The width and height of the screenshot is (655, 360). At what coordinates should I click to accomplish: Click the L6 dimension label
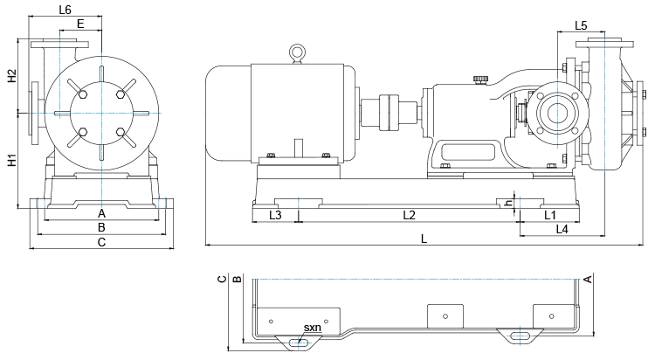(64, 10)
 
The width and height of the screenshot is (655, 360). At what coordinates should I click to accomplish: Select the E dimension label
(80, 24)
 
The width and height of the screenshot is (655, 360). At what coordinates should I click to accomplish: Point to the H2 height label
(11, 76)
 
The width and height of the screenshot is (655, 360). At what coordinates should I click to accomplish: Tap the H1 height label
(11, 161)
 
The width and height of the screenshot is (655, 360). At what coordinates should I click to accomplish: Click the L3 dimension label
(275, 214)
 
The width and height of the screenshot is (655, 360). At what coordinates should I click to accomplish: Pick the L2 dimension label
(408, 214)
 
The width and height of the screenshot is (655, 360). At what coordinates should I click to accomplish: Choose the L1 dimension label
(550, 214)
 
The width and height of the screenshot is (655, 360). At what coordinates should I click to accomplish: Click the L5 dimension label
(583, 24)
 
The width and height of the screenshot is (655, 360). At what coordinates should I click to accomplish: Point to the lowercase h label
(508, 203)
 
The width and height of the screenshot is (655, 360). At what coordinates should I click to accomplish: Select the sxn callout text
(312, 328)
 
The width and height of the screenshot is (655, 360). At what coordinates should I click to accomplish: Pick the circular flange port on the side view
(553, 112)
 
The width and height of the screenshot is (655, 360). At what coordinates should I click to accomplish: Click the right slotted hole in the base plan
(518, 335)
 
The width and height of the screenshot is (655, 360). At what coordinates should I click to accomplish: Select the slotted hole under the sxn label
(300, 342)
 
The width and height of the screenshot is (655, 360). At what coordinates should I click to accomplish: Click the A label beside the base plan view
(588, 279)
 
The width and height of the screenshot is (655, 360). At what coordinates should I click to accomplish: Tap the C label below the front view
(101, 241)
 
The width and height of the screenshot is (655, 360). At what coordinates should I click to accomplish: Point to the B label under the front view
(101, 227)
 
